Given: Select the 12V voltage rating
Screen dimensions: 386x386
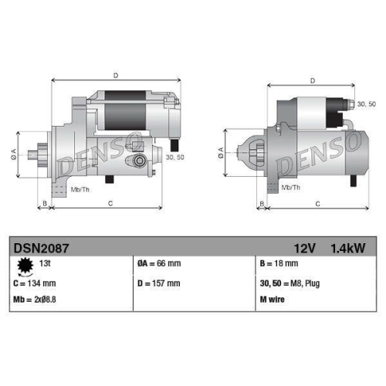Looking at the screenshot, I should point(306,248).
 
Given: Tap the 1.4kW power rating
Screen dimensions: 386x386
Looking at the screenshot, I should point(348,248).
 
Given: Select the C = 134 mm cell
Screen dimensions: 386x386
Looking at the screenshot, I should point(38,283).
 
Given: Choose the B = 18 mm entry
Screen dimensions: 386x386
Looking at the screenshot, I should point(278,264).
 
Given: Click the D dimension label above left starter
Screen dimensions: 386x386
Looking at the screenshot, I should point(115,76).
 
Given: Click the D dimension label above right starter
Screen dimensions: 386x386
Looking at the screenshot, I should point(312,80).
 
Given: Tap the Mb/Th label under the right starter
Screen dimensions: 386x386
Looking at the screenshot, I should point(291,188).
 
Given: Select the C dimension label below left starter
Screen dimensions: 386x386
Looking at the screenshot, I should point(110,204).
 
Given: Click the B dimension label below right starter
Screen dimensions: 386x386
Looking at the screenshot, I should point(262,204).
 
